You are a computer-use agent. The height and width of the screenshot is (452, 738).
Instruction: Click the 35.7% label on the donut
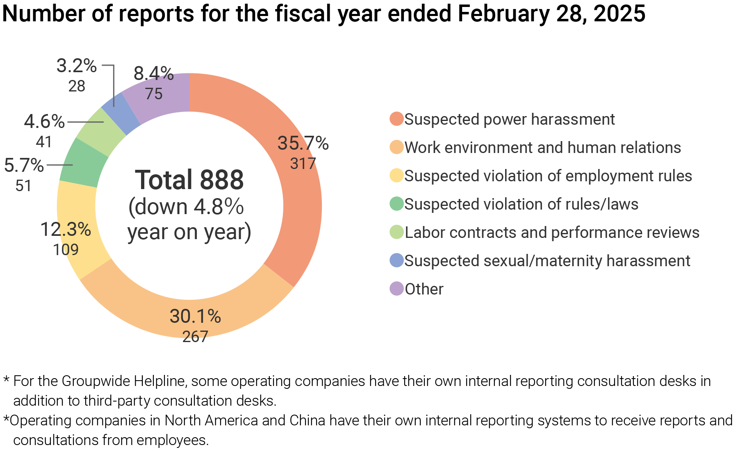pos(303,144)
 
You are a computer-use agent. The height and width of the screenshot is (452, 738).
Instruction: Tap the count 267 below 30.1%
pos(195,337)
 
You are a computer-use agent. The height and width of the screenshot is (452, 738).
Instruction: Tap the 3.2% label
pos(76,66)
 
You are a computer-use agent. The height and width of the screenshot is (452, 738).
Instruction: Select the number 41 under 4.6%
pos(44,142)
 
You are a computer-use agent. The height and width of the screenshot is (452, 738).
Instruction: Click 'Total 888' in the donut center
pos(189,180)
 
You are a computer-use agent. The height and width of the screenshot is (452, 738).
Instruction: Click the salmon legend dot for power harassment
pos(396,119)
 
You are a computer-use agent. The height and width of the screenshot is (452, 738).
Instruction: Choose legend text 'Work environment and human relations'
pos(542,148)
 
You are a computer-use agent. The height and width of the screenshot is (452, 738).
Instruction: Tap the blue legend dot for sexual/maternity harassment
pos(396,260)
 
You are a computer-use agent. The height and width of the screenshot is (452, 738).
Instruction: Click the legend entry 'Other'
pos(424,289)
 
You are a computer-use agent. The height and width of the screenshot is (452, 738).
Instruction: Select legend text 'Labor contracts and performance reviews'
pos(551,233)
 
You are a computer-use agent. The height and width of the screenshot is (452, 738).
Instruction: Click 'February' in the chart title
pos(503,14)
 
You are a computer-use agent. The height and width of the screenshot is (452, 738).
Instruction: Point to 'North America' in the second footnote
pos(211,420)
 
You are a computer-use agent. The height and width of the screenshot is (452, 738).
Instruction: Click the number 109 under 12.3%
pos(66,249)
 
